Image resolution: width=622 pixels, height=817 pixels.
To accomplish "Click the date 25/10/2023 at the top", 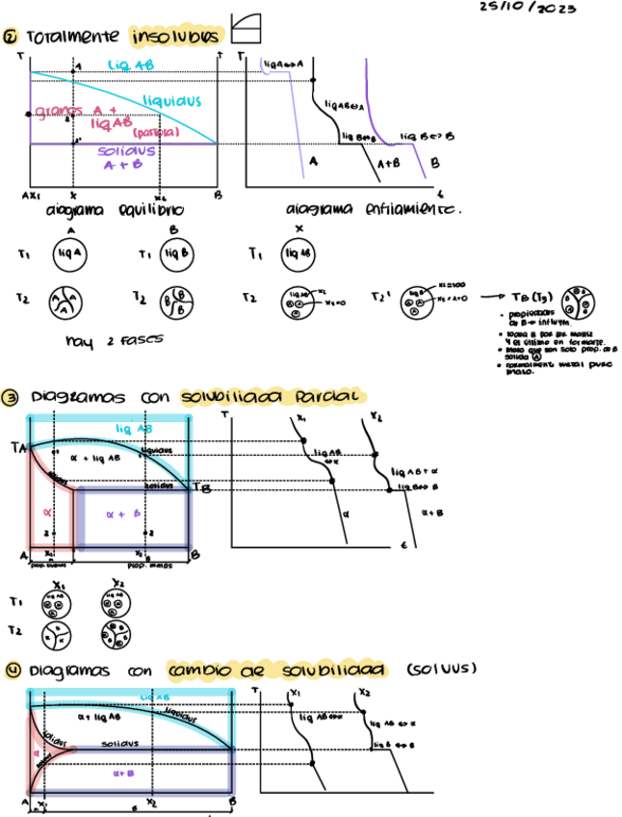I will point(528,9).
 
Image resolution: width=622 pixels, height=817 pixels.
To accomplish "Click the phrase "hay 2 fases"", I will point(101,340).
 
